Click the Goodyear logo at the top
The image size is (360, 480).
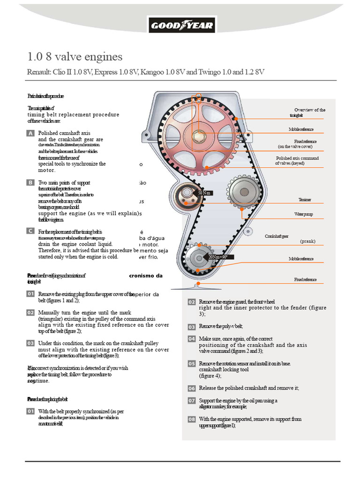click(181, 25)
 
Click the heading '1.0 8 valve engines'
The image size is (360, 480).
click(75, 57)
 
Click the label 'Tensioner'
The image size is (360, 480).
click(304, 200)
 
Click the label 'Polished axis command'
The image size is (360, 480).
click(297, 158)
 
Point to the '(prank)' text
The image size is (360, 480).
click(307, 241)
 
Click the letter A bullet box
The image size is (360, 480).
click(30, 134)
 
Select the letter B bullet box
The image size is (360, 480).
click(30, 183)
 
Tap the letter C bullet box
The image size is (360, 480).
click(30, 232)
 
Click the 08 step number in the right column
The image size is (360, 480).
click(191, 420)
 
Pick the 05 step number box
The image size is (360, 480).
click(191, 364)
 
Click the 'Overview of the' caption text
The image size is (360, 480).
click(309, 110)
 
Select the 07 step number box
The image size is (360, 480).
click(191, 401)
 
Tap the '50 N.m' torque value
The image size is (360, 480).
click(205, 193)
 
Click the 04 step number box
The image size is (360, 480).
click(191, 339)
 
